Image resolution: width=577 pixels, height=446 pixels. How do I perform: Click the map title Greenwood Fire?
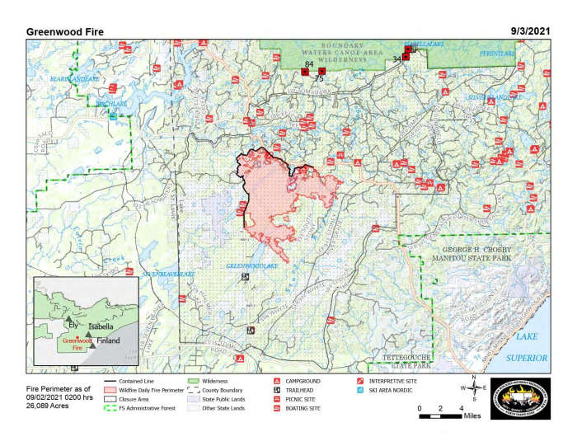tap(65, 31)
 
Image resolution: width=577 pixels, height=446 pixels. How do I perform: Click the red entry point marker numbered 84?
tap(305, 73)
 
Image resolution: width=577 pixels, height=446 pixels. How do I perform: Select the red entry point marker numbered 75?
tap(321, 73)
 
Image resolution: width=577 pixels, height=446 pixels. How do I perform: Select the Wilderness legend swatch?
tap(194, 382)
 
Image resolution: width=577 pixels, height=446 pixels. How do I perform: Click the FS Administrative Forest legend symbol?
tap(110, 408)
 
